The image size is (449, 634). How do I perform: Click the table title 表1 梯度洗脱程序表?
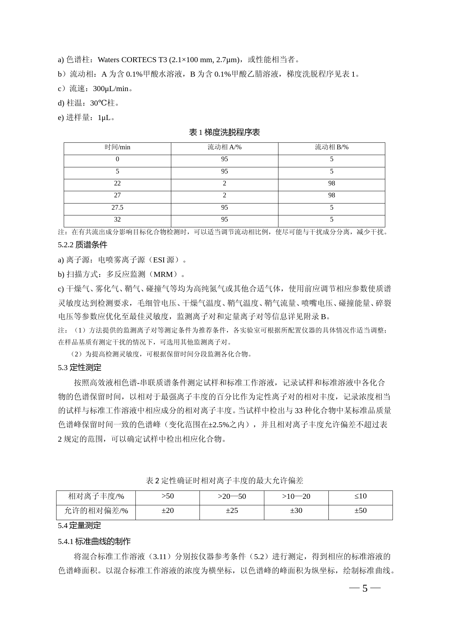224,133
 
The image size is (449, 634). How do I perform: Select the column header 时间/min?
117,147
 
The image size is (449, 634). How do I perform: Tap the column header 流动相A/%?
224,147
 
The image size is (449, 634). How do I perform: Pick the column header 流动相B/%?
331,147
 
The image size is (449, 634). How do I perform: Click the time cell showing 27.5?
117,208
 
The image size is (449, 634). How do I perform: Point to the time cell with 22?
117,184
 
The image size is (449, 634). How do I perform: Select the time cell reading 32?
117,220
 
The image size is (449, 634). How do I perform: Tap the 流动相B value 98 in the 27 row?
331,196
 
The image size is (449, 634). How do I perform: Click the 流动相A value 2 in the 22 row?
224,184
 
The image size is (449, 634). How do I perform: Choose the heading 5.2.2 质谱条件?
83,245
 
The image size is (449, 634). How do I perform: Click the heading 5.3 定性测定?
80,368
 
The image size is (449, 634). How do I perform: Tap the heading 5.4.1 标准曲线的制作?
94,541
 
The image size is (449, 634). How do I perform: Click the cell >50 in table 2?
168,497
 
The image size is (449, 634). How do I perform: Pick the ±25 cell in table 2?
232,511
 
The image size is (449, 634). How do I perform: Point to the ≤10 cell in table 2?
360,497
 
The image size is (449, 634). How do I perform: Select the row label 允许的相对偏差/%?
96,511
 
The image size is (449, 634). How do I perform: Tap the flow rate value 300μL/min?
111,89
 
